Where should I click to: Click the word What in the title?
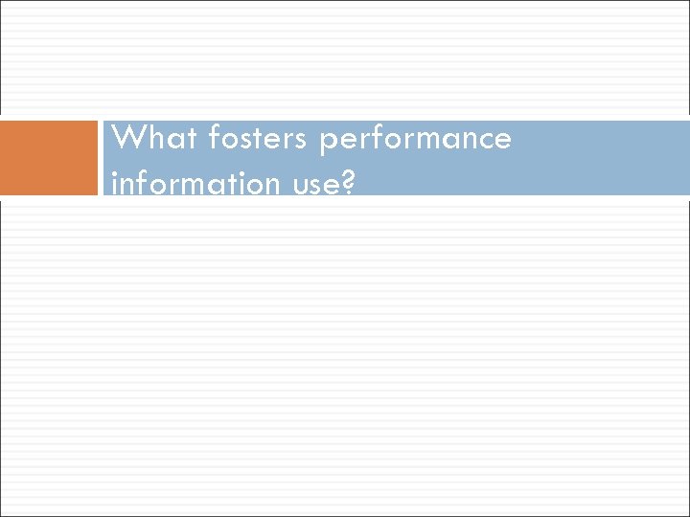point(148,139)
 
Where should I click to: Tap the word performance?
point(417,140)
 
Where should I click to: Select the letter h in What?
point(150,139)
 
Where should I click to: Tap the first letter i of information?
point(115,181)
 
